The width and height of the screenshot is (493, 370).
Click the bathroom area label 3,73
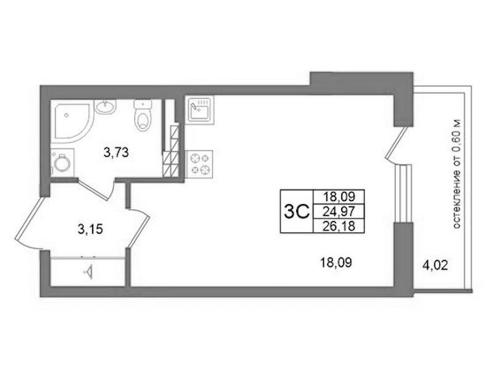pos(117,153)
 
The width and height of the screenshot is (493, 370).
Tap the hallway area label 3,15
pos(90,230)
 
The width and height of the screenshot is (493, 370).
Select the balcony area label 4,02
pos(435,266)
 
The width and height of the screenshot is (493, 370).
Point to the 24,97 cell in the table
pos(339,212)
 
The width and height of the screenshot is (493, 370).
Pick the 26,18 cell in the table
pos(339,226)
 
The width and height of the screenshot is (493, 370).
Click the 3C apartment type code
pos(297,212)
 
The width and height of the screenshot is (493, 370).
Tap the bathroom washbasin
pos(106,107)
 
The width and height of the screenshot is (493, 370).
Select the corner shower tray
pos(72,121)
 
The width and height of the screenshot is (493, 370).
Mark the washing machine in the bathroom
pos(62,163)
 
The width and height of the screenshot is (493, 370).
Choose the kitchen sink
pos(199,109)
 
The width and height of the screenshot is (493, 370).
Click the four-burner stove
pos(199,164)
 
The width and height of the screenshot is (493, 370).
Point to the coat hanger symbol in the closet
pos(89,272)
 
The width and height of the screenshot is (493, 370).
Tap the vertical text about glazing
pos(458,174)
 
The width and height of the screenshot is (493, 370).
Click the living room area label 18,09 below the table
pos(336,262)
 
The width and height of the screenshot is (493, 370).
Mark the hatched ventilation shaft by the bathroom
pos(171,151)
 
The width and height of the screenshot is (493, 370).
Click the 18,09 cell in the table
pos(339,197)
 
